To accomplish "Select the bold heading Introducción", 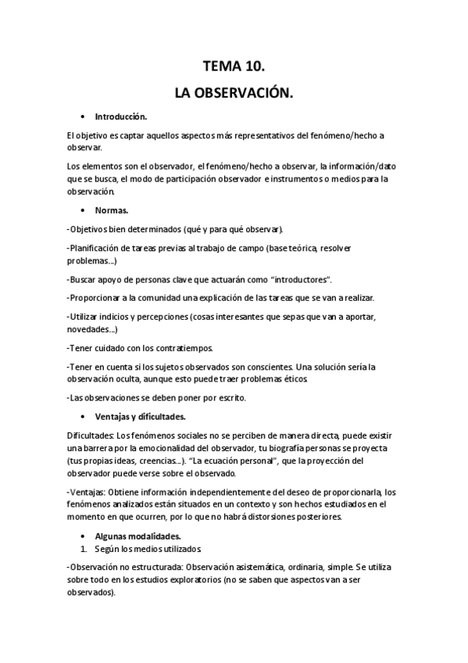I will point(121,117).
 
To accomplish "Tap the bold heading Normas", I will point(112,211).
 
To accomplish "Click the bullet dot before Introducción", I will point(83,117).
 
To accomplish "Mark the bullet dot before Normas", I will point(83,211).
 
